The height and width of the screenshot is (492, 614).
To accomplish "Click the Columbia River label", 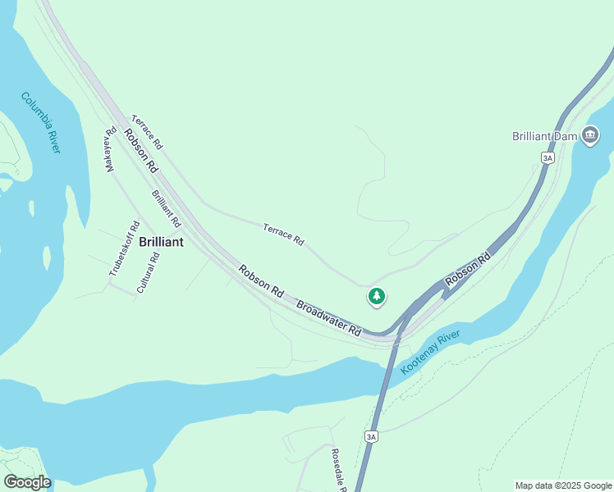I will point(41,122).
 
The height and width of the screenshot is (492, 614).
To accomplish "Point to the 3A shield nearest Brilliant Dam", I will point(548,157).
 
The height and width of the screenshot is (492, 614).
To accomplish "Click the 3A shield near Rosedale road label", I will point(372,437).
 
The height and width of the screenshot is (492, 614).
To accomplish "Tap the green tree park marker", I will point(376,295).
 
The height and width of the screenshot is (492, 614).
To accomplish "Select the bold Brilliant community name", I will point(161,242).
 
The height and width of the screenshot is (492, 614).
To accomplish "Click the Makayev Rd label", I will point(110,150).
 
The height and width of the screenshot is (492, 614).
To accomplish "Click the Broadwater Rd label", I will point(329,319).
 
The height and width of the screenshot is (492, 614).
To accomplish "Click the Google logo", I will point(27,482).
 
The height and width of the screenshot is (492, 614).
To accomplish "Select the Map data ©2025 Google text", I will point(563,485).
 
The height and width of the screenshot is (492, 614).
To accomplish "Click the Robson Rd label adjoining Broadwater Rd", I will point(261,280).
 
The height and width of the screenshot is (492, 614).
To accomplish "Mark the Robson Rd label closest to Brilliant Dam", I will point(468,270).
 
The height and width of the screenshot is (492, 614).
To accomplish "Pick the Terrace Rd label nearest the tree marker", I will point(283,235).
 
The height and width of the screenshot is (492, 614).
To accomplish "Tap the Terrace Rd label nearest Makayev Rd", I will point(147,132).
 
